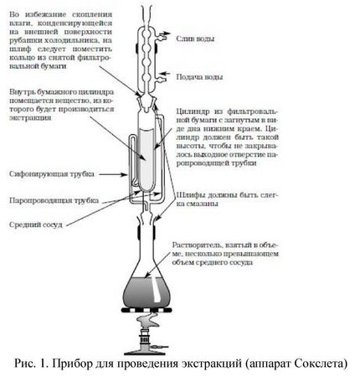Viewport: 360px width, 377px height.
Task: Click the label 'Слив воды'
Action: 199,39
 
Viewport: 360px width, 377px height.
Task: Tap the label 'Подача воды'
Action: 202,76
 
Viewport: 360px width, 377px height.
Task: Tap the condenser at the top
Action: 151,50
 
